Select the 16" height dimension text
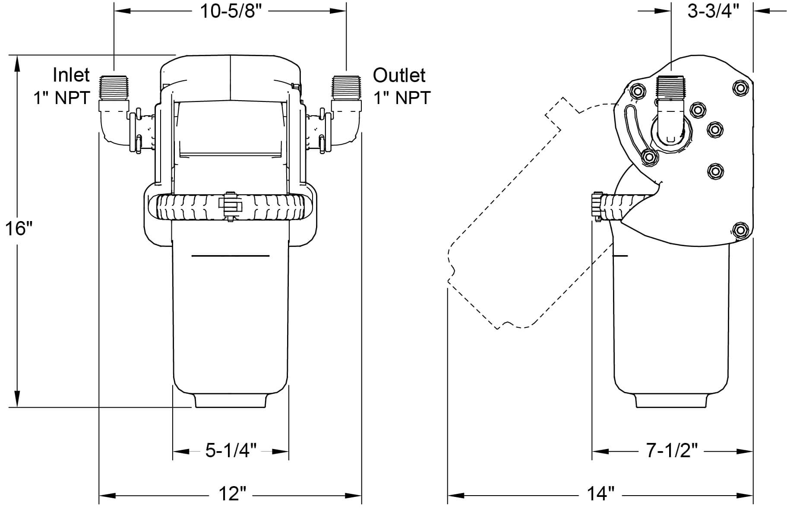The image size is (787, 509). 19,228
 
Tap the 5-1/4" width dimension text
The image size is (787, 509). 231,451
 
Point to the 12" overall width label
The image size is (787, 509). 231,493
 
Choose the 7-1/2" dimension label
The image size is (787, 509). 672,451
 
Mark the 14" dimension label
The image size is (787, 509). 601,493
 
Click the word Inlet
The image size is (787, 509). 71,75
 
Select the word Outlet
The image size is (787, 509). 399,75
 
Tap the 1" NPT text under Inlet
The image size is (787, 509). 61,98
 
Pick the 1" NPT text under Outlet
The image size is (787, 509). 402,98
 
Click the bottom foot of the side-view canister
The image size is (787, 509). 672,400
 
